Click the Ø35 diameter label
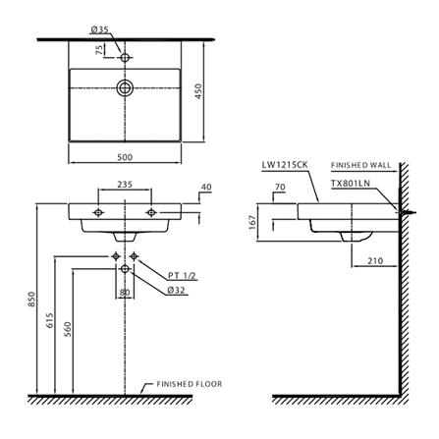tap(99, 29)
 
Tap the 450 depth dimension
tap(198, 91)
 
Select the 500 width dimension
tap(125, 157)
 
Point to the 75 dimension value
tap(99, 50)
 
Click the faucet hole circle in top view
tap(125, 58)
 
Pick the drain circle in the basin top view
tap(125, 87)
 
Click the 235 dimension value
tap(125, 185)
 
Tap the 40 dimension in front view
tap(206, 187)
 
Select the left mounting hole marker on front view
tap(98, 213)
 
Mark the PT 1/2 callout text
tap(182, 276)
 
